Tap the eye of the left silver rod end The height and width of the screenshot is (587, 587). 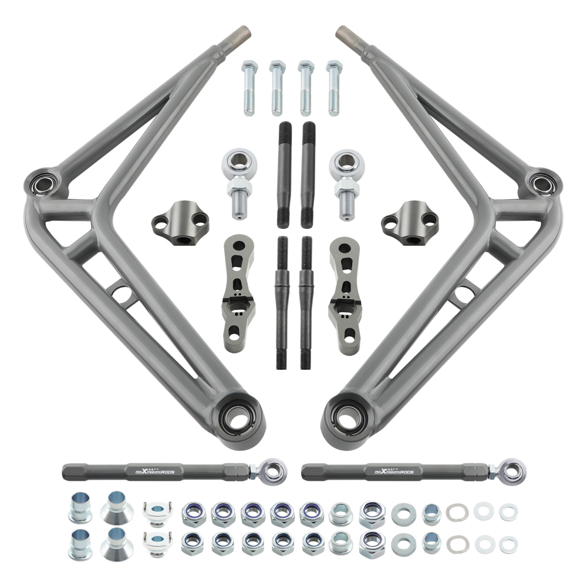tap(237, 162)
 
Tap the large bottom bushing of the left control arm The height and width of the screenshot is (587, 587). tap(239, 418)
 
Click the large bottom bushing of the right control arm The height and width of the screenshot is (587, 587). tap(347, 418)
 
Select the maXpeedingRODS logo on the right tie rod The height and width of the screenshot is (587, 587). tap(394, 471)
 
